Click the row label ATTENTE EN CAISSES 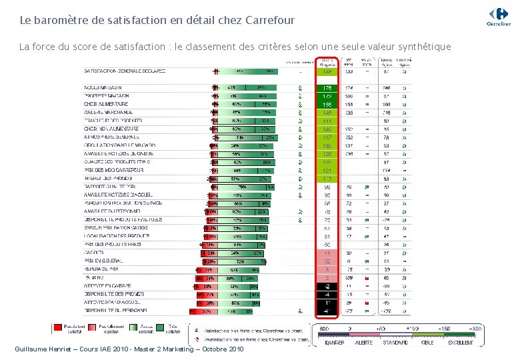point(107,286)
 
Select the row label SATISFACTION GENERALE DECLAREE point(124,71)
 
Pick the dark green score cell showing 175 point(327,88)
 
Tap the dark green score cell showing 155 point(327,105)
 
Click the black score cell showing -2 point(327,286)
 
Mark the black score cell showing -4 point(327,294)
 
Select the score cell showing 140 point(327,129)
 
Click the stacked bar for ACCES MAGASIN point(244,88)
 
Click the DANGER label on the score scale point(334,343)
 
